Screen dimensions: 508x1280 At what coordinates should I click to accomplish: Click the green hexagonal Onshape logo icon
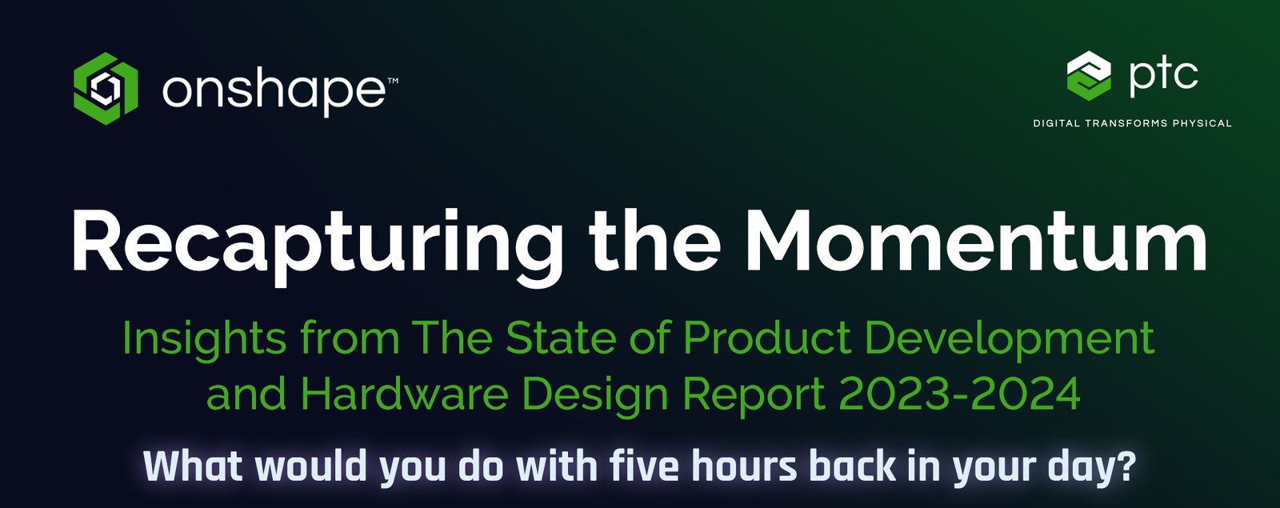[106, 88]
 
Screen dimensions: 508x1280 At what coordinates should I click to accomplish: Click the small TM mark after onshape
[393, 81]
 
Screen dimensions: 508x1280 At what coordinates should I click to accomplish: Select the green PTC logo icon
[1089, 75]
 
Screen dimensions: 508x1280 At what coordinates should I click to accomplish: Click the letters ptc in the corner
[1163, 74]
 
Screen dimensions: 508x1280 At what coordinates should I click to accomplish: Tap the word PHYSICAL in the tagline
[1202, 123]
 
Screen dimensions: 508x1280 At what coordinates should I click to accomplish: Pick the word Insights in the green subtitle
[204, 339]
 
